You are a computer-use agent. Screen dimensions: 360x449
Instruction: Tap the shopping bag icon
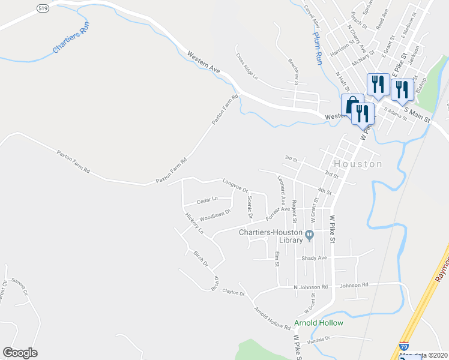tap(352, 104)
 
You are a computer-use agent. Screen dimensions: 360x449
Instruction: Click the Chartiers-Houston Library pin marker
tap(309, 235)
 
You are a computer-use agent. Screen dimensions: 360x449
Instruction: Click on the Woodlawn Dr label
tap(215, 214)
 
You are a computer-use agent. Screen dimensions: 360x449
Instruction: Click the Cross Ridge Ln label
tap(246, 67)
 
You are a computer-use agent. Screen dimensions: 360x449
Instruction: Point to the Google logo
tap(20, 352)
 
